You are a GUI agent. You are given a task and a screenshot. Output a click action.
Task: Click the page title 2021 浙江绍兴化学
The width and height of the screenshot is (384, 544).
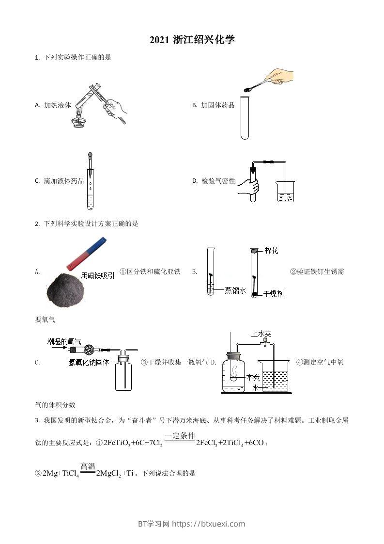click(x=192, y=40)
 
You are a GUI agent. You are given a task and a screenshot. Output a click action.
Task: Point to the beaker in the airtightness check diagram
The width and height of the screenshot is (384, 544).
click(x=285, y=192)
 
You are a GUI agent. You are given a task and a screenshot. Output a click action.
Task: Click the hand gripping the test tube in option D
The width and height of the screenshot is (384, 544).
click(x=249, y=187)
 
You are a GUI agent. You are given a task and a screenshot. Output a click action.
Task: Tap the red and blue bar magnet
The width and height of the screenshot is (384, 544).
click(x=86, y=253)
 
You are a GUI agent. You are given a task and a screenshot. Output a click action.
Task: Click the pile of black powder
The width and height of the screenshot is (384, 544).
click(x=65, y=289)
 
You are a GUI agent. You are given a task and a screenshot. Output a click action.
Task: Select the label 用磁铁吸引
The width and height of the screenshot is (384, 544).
click(x=98, y=275)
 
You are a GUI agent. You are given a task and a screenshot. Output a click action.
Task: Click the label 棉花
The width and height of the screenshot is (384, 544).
click(x=271, y=251)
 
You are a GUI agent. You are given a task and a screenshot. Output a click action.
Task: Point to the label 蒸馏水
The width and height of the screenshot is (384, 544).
click(x=235, y=290)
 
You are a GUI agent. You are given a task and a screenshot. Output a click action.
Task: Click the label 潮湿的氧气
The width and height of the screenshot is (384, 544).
click(x=64, y=341)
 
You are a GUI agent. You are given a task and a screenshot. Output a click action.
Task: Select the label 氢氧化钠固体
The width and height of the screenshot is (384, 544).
click(x=89, y=362)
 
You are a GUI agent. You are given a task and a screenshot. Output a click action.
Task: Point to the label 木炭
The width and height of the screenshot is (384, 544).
click(x=253, y=377)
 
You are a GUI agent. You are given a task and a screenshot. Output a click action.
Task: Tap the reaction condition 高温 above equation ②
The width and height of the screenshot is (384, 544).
click(x=88, y=466)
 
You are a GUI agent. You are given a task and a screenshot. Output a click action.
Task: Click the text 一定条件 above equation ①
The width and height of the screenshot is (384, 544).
click(x=180, y=435)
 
